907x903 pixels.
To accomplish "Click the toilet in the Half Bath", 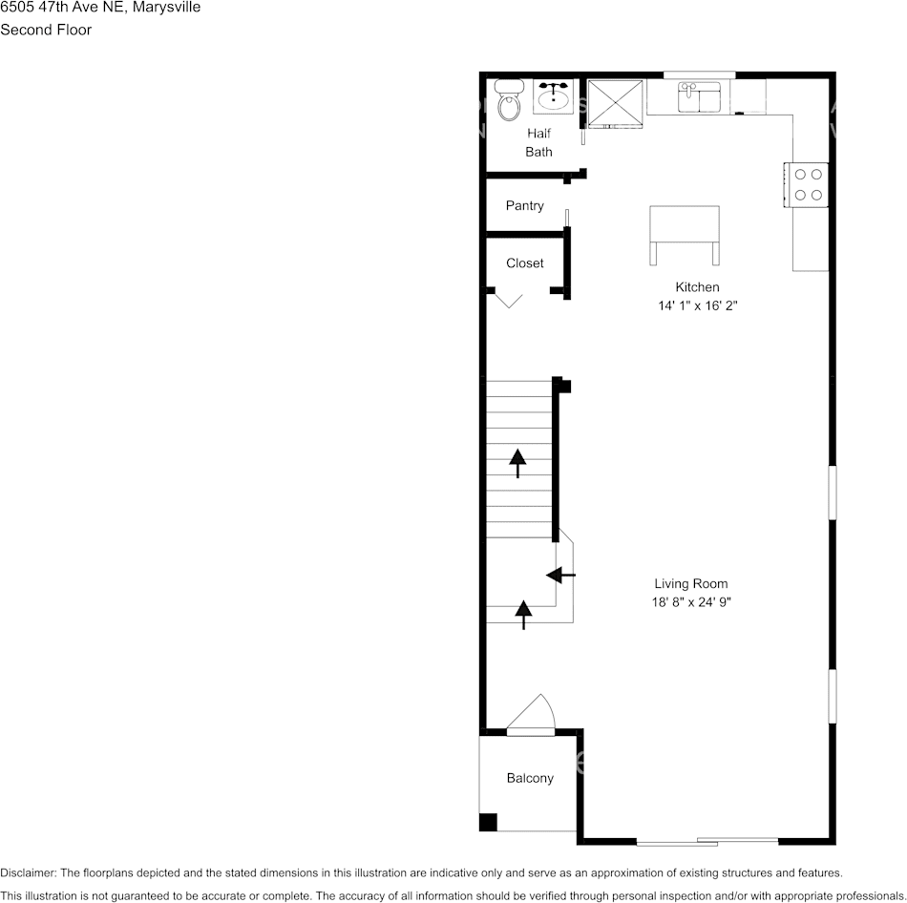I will [508, 98].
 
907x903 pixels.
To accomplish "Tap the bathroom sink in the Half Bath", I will [554, 96].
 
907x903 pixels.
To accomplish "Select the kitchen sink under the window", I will [700, 96].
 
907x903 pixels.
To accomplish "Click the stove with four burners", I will [807, 184].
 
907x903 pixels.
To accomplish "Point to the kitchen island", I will [684, 229].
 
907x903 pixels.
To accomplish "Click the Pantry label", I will [525, 206].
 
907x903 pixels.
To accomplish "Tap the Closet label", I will [525, 263].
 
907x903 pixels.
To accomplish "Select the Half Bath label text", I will [538, 143].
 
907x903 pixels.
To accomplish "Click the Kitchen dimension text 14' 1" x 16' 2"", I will [697, 306].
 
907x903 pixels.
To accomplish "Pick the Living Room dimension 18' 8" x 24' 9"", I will [691, 602].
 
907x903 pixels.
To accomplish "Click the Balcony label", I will [530, 779].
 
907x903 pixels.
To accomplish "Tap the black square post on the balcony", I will [488, 822].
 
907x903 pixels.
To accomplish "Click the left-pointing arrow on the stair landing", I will [560, 575].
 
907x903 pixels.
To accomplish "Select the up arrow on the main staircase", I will [517, 462].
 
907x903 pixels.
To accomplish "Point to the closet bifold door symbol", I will [509, 300].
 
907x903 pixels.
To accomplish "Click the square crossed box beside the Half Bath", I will [615, 102].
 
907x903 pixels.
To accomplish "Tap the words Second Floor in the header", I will [46, 30].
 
